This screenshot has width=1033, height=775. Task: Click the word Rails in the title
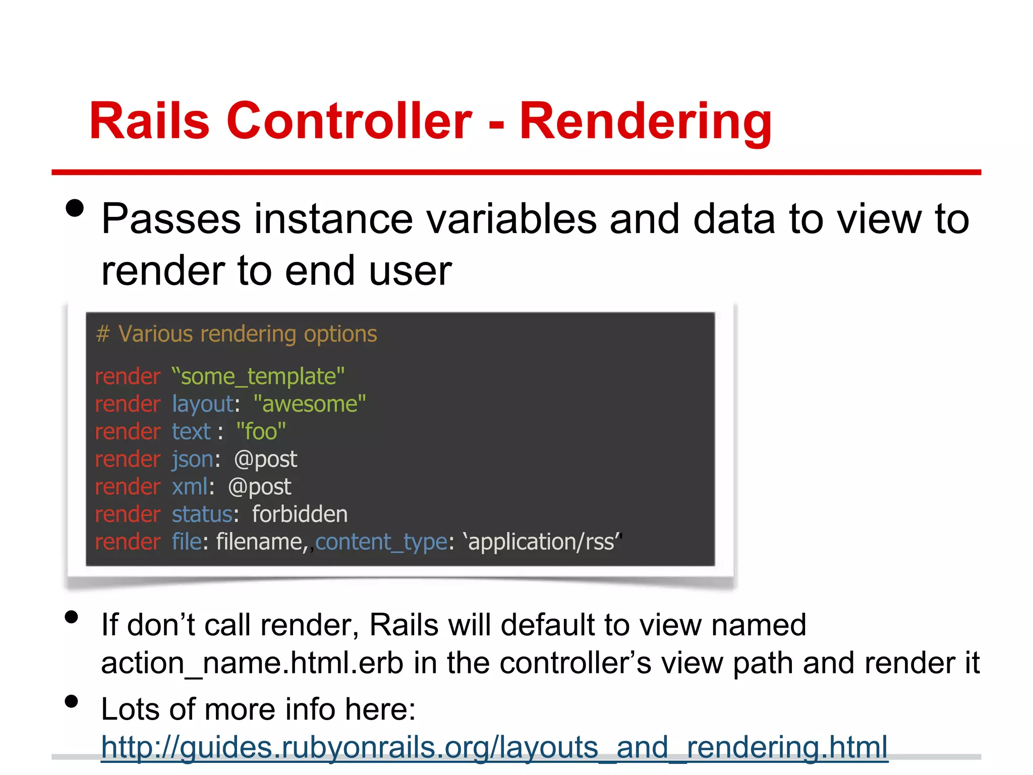click(x=149, y=121)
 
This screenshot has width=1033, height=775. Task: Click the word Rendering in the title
click(x=645, y=121)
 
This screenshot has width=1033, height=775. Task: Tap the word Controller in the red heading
click(x=349, y=121)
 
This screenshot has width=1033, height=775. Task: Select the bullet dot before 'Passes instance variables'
click(x=75, y=208)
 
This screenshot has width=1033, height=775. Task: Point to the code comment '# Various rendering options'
click(x=236, y=334)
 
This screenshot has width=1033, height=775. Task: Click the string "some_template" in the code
click(x=258, y=377)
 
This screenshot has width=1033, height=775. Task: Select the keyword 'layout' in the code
click(x=202, y=405)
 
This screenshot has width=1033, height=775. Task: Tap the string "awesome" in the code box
click(x=309, y=404)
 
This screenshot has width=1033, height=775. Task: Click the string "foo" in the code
click(x=261, y=432)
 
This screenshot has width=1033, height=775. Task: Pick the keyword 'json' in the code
click(x=192, y=460)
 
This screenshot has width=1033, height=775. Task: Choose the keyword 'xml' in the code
click(x=190, y=487)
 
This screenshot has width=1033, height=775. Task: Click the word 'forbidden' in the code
click(x=300, y=515)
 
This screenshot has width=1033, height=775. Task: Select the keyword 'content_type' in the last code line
click(x=381, y=542)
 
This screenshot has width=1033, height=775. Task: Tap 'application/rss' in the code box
click(x=544, y=542)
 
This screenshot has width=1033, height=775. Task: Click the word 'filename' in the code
click(x=259, y=542)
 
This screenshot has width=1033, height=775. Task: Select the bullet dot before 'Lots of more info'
click(x=72, y=701)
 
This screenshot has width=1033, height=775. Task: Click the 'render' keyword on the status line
click(x=128, y=515)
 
